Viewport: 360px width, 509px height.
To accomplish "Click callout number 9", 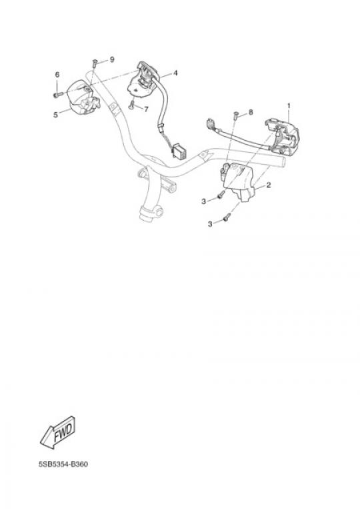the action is click(x=112, y=59).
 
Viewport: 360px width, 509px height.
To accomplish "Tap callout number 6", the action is click(x=57, y=75).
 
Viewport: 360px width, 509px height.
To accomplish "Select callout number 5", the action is click(x=55, y=115).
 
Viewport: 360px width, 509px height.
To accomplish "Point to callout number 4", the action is click(x=175, y=73).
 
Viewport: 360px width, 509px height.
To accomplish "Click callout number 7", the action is click(x=146, y=109).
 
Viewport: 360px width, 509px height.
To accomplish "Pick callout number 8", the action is click(x=251, y=112).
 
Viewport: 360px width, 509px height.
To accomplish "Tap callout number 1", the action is click(x=289, y=106).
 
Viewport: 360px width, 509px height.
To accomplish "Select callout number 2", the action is click(x=269, y=185).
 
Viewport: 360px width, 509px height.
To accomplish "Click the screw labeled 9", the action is click(x=95, y=63).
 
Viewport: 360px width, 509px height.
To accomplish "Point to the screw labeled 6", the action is click(x=57, y=95).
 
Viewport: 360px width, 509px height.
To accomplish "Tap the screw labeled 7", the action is click(x=131, y=105).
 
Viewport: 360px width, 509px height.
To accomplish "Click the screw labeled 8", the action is click(x=236, y=115).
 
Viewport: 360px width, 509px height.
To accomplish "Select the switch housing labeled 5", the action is click(x=83, y=97).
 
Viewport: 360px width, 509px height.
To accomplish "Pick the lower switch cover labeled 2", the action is click(x=239, y=181).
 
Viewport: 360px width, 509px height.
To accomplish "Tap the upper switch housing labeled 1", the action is click(x=281, y=137).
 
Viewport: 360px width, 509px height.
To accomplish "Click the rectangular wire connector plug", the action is click(x=178, y=151).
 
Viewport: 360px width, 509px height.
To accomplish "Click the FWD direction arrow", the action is click(x=58, y=432).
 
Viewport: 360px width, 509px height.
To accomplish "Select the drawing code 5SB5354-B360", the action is click(x=63, y=464).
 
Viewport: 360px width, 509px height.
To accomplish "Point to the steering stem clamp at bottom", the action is click(x=150, y=213).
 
